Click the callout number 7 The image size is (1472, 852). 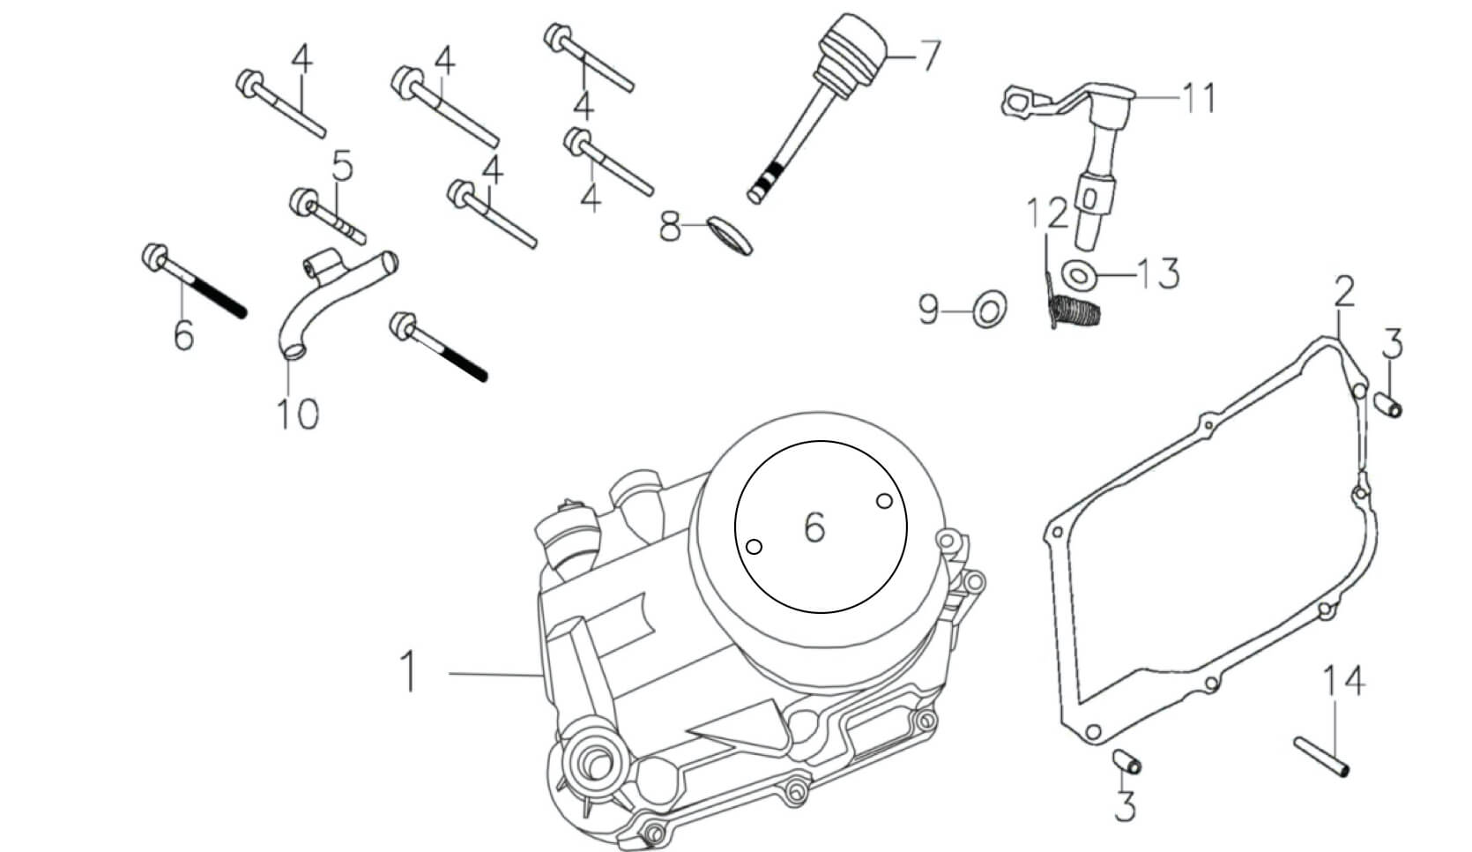929,56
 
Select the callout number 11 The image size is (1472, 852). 1199,97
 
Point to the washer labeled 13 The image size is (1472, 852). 1075,274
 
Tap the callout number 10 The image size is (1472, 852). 298,413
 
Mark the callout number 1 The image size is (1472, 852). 406,671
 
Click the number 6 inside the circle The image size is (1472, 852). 814,527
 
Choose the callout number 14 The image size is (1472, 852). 1343,682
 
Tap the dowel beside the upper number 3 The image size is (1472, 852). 1388,407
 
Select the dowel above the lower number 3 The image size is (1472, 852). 1127,760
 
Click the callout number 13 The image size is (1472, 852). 1156,274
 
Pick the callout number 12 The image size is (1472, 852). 1046,213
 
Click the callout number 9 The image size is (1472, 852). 929,310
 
